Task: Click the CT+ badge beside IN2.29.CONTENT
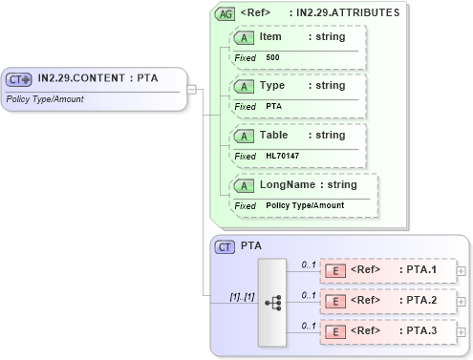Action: point(19,79)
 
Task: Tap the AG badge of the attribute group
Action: point(226,14)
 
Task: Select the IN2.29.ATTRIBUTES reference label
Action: point(348,13)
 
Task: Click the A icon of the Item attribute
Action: point(245,37)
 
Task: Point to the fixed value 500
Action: point(272,57)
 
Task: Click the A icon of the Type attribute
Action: point(245,86)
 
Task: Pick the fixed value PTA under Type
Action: point(273,106)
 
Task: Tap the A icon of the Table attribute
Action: point(245,136)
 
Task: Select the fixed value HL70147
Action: point(282,156)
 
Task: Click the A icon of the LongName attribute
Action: point(245,185)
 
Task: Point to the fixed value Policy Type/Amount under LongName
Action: point(305,205)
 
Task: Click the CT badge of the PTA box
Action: point(226,246)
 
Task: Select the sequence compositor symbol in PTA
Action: point(272,302)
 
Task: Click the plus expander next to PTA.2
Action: point(462,302)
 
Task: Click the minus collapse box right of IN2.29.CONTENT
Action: point(192,90)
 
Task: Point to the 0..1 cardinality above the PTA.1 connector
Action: point(308,263)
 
